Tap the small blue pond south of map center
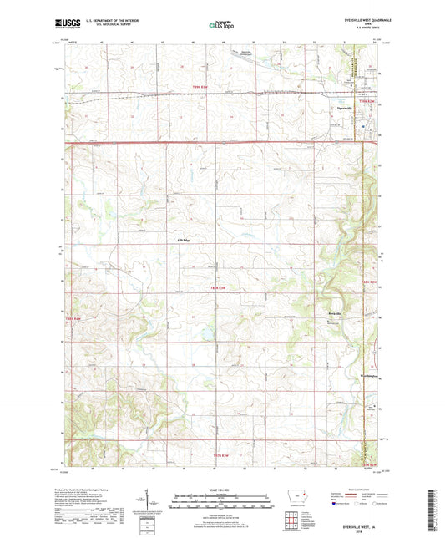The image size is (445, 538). (203, 338)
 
